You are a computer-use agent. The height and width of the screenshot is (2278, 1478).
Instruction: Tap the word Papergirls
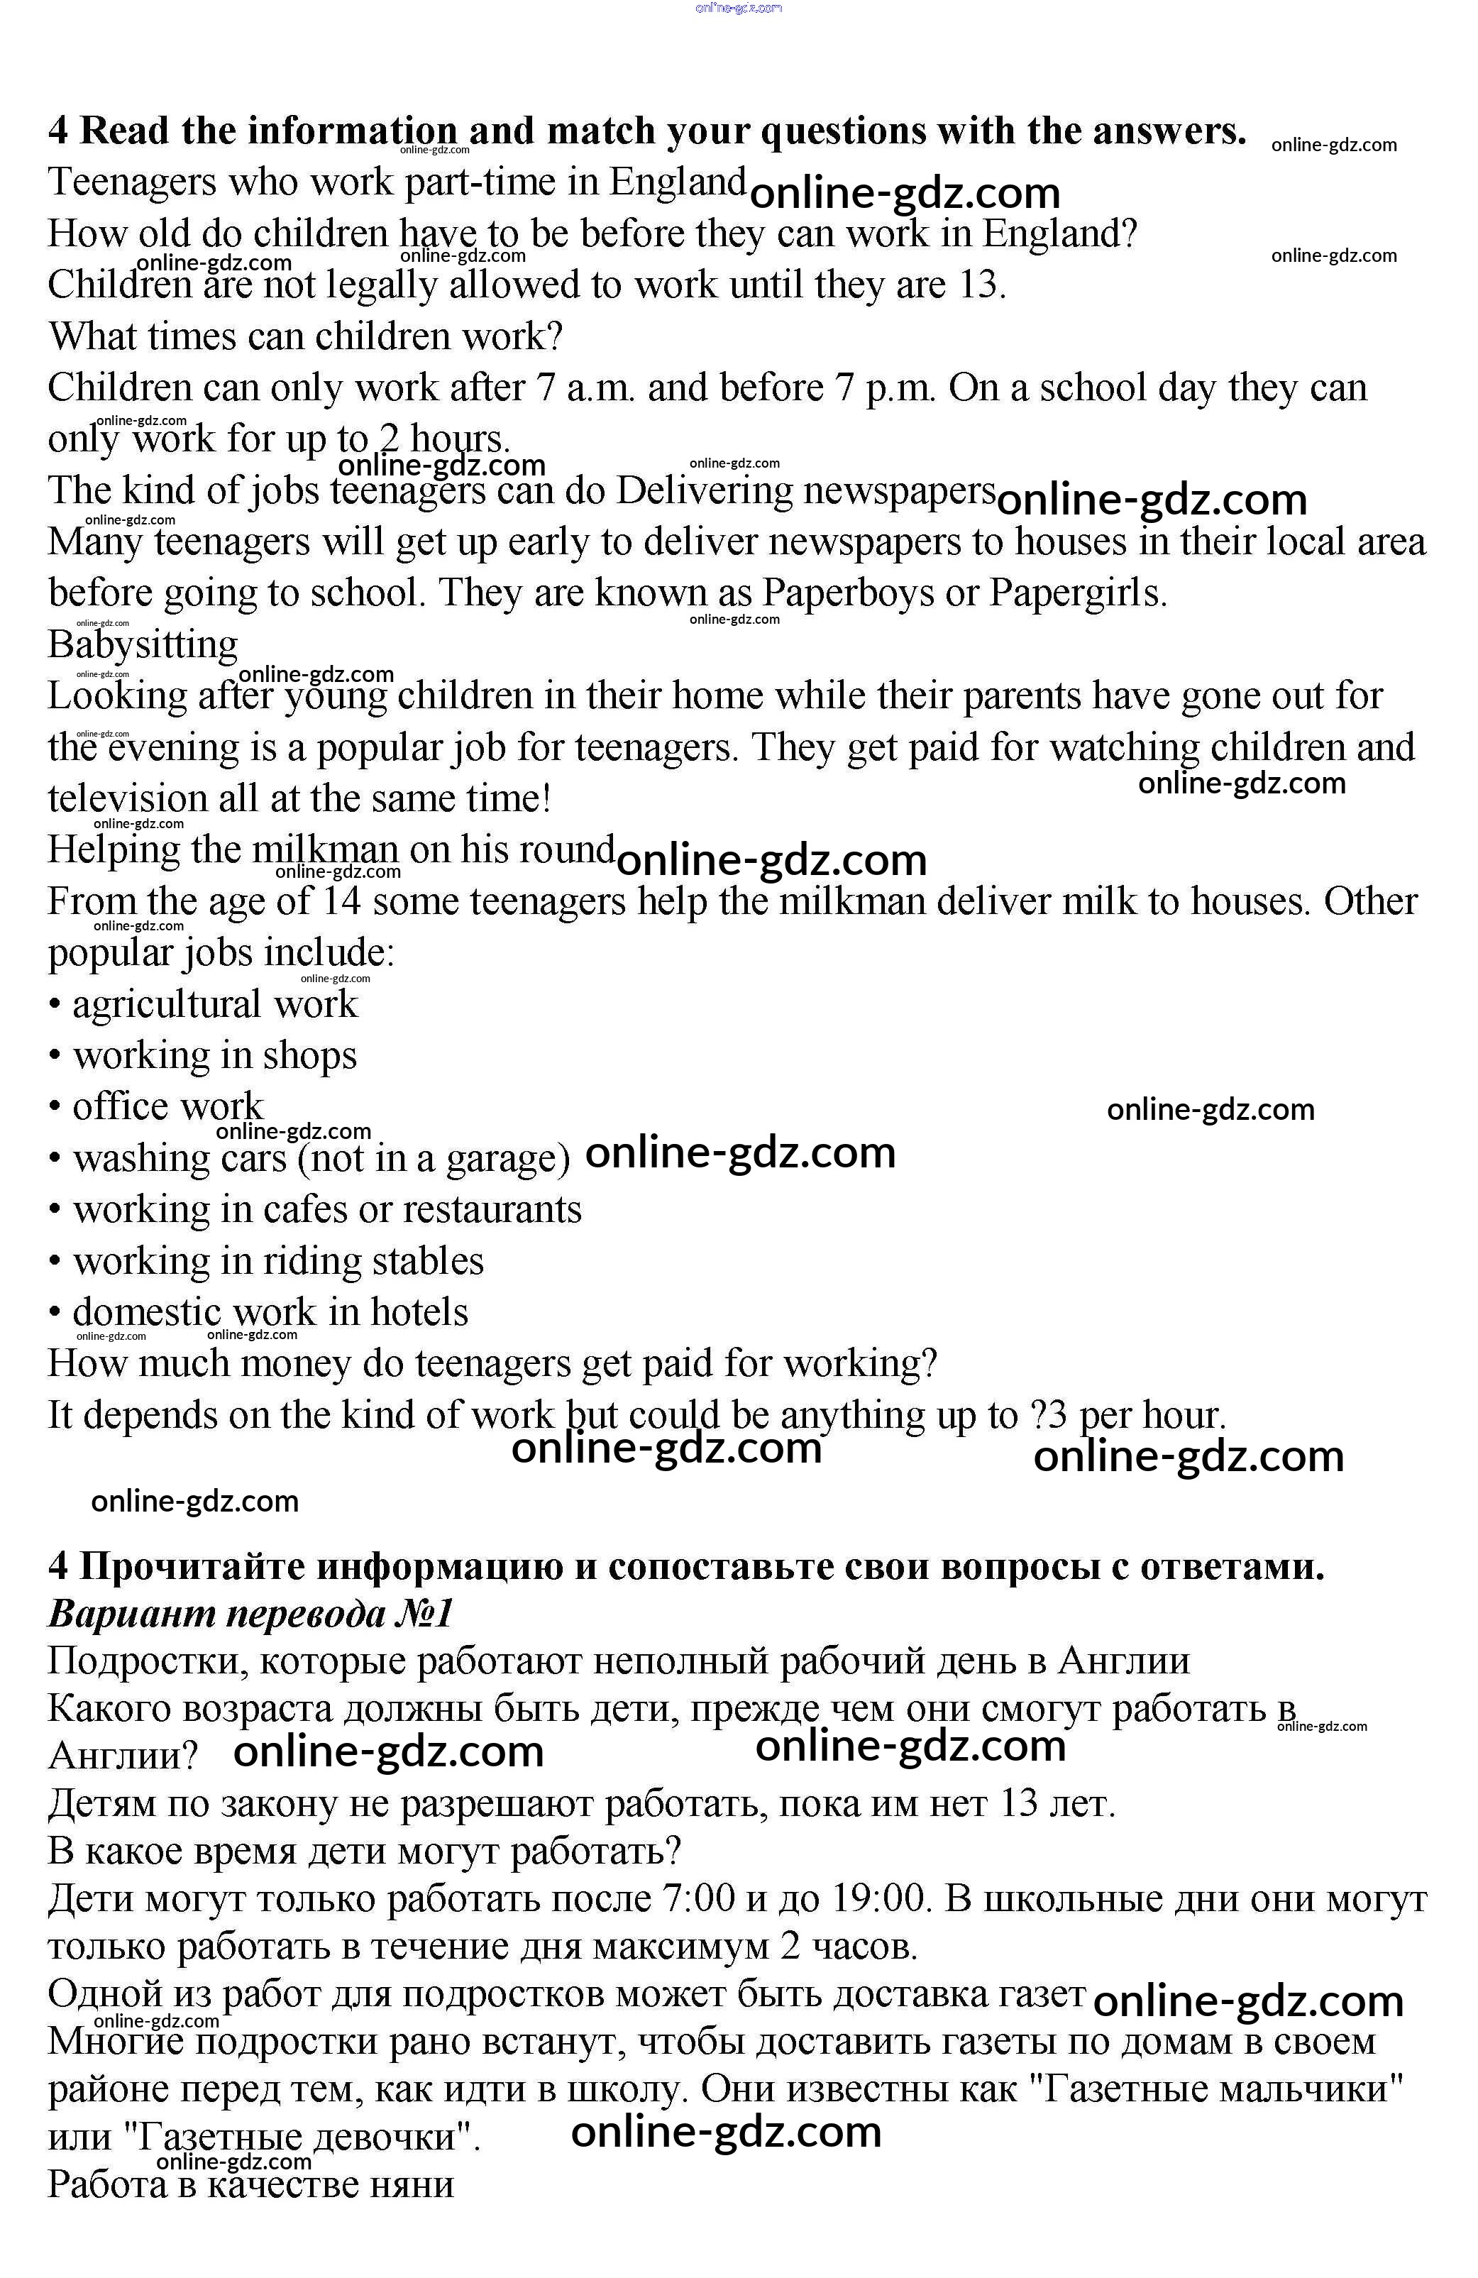(x=1077, y=593)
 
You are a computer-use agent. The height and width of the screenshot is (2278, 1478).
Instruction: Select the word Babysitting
(x=143, y=645)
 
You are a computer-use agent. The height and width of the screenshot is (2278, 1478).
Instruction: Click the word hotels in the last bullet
(x=419, y=1312)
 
